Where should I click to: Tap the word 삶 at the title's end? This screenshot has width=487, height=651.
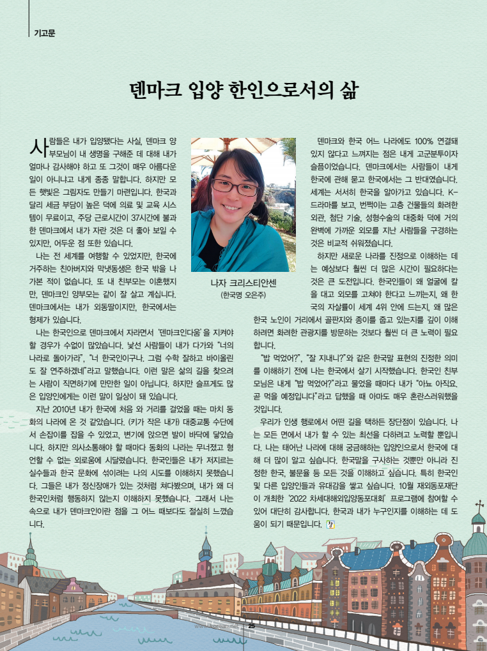[346, 89]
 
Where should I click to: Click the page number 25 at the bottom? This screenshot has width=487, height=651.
[251, 625]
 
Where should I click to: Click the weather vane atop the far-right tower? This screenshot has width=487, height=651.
[479, 507]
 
